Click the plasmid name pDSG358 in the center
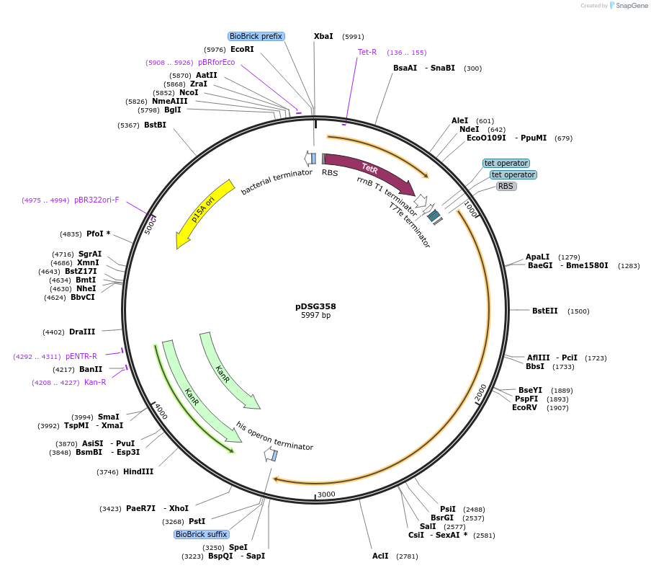coord(315,306)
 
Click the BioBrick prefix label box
coord(256,36)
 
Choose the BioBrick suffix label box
coord(202,534)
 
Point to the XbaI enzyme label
coord(323,36)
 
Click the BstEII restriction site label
coord(544,311)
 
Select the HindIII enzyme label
coord(138,471)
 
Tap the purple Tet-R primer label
coord(367,52)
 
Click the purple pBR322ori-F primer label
coord(96,200)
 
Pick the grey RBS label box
coord(506,186)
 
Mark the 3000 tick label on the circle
coord(326,494)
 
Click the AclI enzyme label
coord(380,556)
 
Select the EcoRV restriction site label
coord(524,407)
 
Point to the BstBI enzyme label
coord(155,125)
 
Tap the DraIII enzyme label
coord(82,332)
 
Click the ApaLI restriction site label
coord(538,257)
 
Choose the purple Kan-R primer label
coord(95,382)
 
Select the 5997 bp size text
coord(315,316)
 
